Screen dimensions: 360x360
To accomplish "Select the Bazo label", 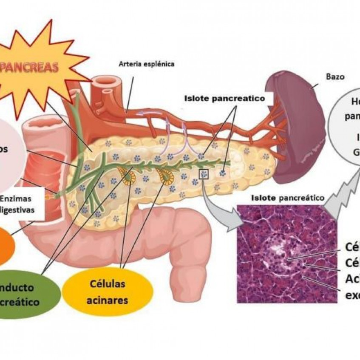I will point(335,77).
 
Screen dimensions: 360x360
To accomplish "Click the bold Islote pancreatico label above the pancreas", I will point(224,98).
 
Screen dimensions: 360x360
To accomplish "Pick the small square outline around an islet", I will point(204,173).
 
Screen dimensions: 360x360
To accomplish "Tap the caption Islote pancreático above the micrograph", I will point(288,197).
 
